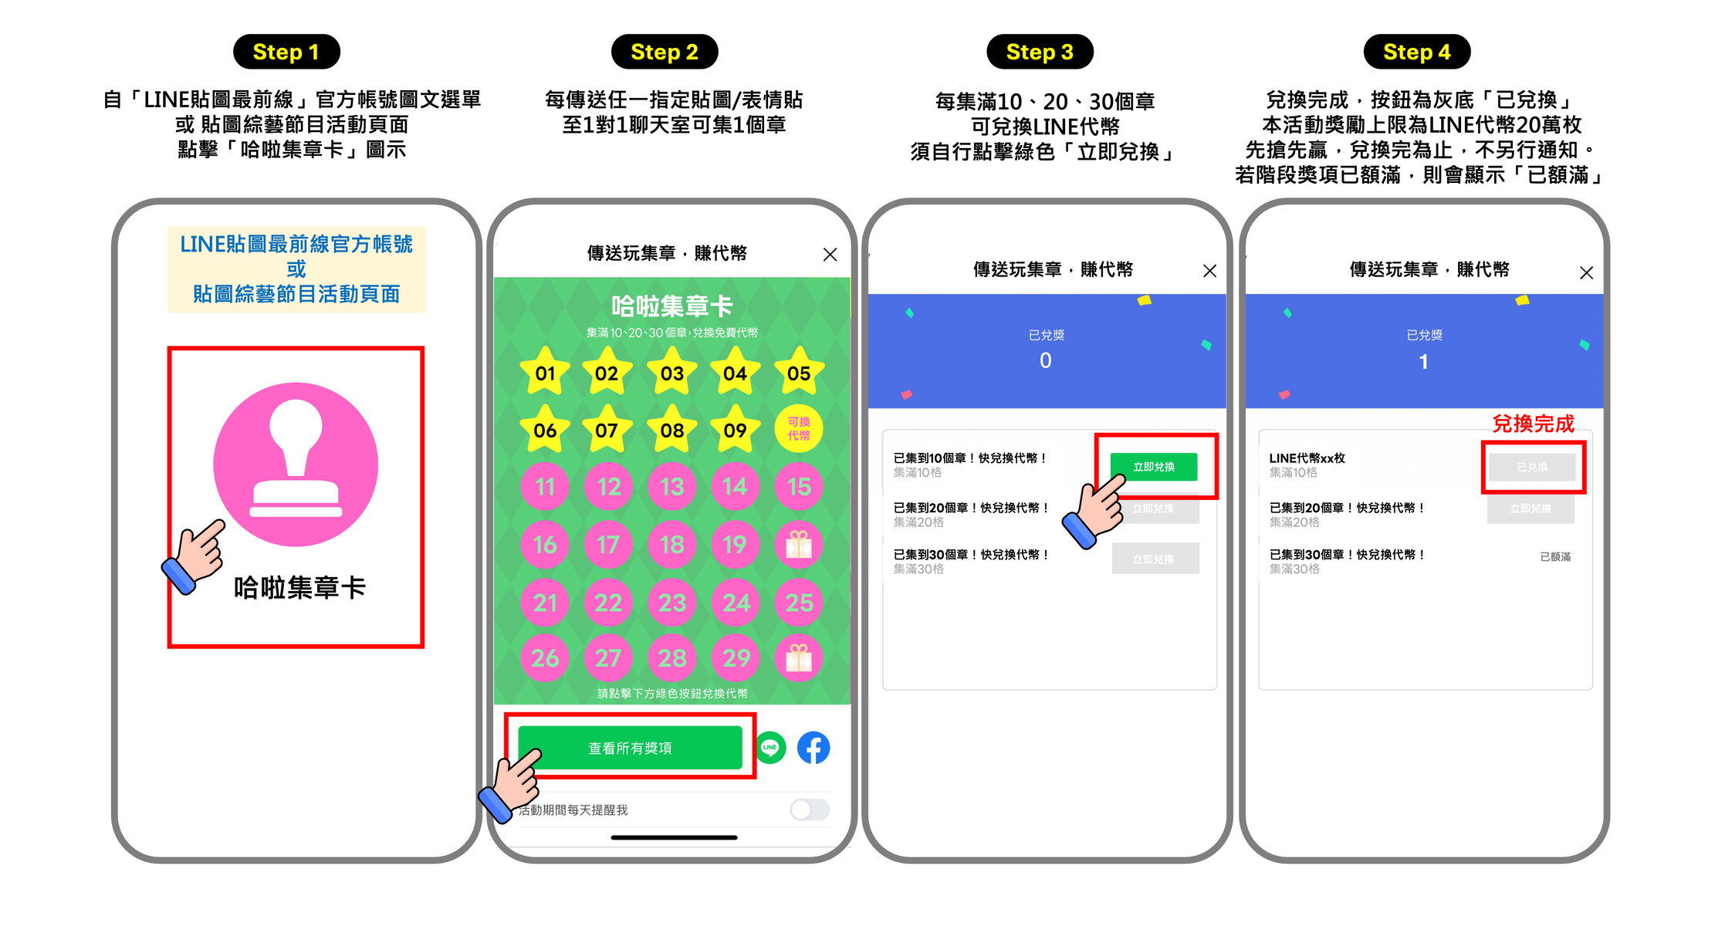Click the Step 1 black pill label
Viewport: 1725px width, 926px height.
[x=286, y=52]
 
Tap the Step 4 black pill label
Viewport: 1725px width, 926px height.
[x=1416, y=52]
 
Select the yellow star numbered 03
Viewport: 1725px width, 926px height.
[x=671, y=373]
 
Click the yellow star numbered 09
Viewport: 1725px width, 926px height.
[x=735, y=430]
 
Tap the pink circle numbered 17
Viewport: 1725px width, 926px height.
[x=608, y=545]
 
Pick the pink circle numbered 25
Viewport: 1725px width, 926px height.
[x=799, y=602]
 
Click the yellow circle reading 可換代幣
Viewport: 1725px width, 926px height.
[x=799, y=428]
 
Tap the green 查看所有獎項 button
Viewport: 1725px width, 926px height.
[x=630, y=748]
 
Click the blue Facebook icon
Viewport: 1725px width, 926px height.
[x=813, y=748]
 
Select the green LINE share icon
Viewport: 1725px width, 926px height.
[x=770, y=747]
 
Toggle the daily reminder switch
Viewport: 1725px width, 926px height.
[x=810, y=809]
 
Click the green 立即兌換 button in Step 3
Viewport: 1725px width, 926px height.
[x=1154, y=467]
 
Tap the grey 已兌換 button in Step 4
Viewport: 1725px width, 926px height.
[x=1532, y=468]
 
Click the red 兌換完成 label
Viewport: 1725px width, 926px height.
[x=1533, y=424]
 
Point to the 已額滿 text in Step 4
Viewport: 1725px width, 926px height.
[x=1555, y=556]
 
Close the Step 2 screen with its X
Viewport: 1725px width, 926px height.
[x=830, y=255]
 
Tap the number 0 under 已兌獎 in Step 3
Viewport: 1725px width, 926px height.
[x=1045, y=360]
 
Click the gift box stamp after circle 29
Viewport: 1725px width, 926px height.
[x=799, y=658]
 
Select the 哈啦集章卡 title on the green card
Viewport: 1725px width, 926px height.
[x=671, y=306]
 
